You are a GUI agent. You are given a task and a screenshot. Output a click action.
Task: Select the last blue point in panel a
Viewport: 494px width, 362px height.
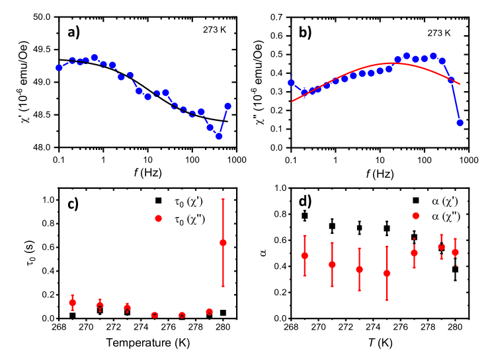tap(228, 106)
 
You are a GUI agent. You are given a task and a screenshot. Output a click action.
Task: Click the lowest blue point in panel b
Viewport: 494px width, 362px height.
tap(460, 123)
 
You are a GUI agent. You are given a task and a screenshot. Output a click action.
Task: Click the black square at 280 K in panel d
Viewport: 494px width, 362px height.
tap(455, 269)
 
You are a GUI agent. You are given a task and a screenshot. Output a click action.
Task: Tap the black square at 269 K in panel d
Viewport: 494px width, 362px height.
tap(305, 216)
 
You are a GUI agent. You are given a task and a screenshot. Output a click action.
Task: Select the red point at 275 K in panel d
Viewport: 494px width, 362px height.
tap(387, 273)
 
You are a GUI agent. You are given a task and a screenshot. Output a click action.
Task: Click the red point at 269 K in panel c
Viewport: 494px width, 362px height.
tap(73, 303)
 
